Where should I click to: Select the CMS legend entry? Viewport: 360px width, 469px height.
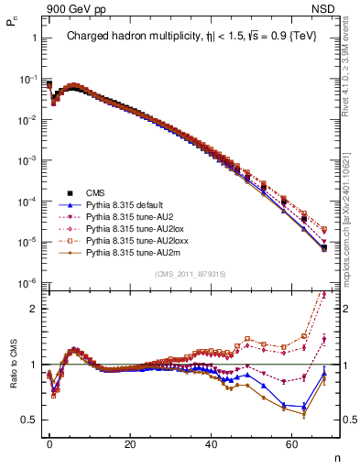click(96, 193)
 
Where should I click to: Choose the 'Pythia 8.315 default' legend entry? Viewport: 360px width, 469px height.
click(126, 205)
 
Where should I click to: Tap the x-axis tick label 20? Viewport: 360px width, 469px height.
click(130, 442)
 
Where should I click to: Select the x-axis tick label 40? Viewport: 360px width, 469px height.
click(212, 442)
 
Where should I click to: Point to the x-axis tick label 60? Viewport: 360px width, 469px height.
click(292, 442)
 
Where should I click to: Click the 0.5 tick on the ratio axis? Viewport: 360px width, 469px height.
click(31, 420)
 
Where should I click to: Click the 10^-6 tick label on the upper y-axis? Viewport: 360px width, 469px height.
click(27, 283)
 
